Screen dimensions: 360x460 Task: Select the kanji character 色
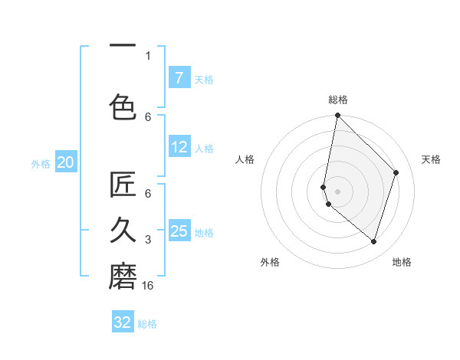(x=123, y=106)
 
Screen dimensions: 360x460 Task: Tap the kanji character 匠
(x=123, y=185)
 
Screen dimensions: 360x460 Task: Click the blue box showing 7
(x=179, y=77)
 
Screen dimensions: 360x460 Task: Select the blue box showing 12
(x=179, y=148)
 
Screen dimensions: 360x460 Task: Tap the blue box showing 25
(x=179, y=231)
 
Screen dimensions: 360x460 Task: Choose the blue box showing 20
(x=66, y=162)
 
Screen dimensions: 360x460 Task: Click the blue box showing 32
(x=123, y=322)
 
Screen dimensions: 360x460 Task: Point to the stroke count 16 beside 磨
(x=149, y=285)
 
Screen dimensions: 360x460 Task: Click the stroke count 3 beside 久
(x=148, y=240)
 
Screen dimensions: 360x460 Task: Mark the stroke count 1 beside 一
(x=148, y=55)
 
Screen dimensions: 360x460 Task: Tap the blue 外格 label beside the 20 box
(x=41, y=162)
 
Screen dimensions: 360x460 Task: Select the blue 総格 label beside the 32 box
(x=147, y=323)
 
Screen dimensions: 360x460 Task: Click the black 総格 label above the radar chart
(x=337, y=100)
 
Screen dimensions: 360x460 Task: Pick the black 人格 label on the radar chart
(x=245, y=159)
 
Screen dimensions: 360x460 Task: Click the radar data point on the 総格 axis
(x=337, y=116)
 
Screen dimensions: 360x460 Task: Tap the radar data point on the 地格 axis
(x=373, y=242)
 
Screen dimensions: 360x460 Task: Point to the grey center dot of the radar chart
(x=337, y=191)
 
